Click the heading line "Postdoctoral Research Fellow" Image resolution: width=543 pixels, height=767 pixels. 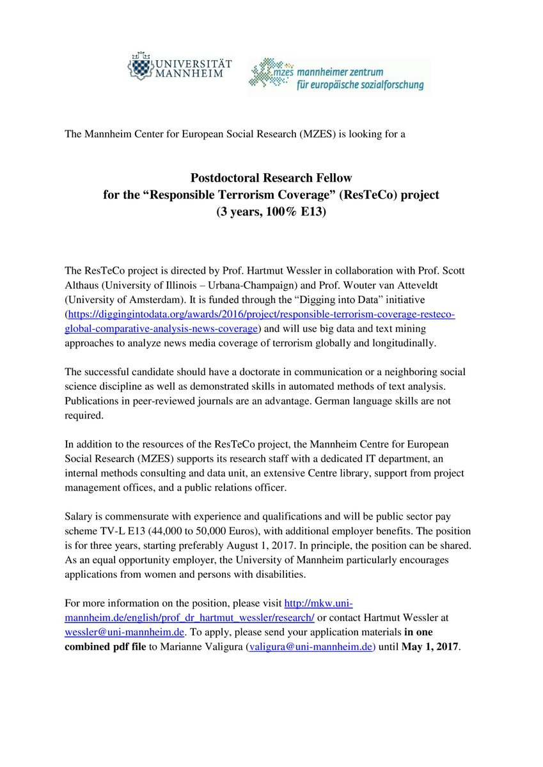coord(271,178)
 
